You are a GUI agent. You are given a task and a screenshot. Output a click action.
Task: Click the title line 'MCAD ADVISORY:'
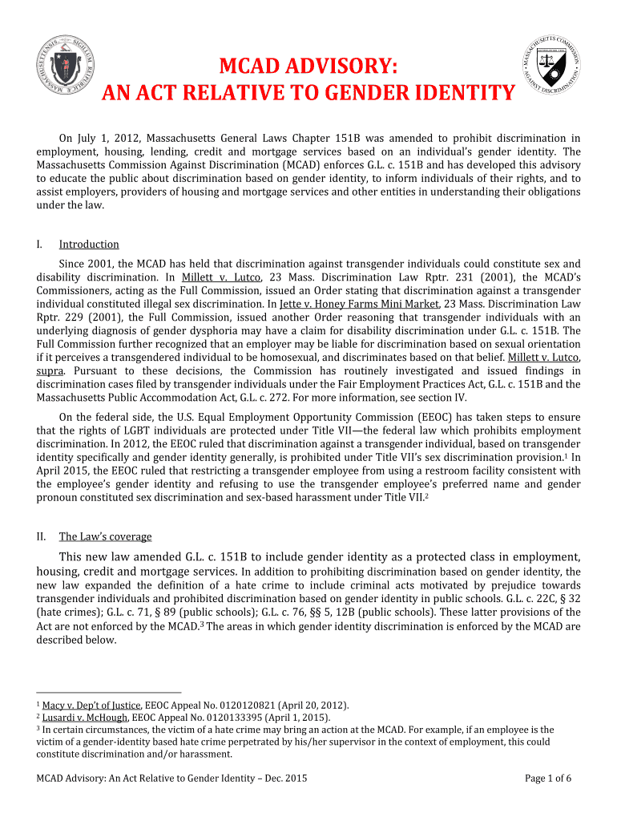pyautogui.click(x=308, y=66)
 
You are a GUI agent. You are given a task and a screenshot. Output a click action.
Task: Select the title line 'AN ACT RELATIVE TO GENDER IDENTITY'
pyautogui.click(x=308, y=94)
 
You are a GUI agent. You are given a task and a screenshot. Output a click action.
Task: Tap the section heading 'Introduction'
pyautogui.click(x=89, y=245)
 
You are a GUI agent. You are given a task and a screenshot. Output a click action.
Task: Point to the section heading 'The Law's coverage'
pyautogui.click(x=105, y=536)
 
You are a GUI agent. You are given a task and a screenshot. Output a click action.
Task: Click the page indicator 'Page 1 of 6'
pyautogui.click(x=548, y=778)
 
